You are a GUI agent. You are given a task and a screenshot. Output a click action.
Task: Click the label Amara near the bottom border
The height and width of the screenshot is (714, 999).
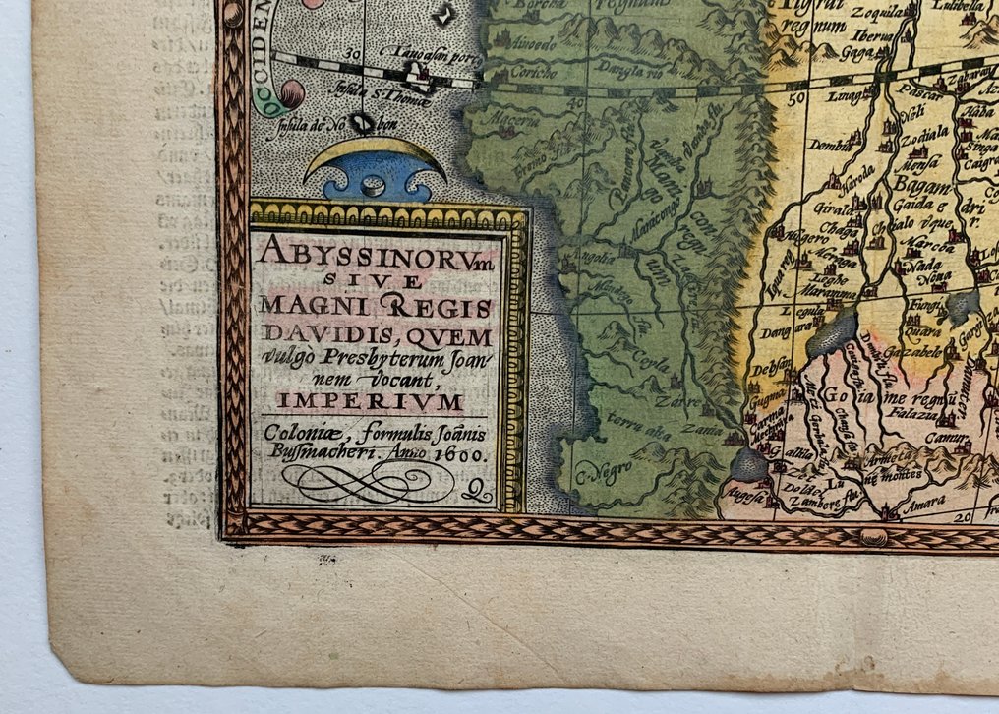(926, 501)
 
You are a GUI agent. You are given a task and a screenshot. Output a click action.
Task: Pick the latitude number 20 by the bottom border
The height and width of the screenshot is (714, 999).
(965, 512)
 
